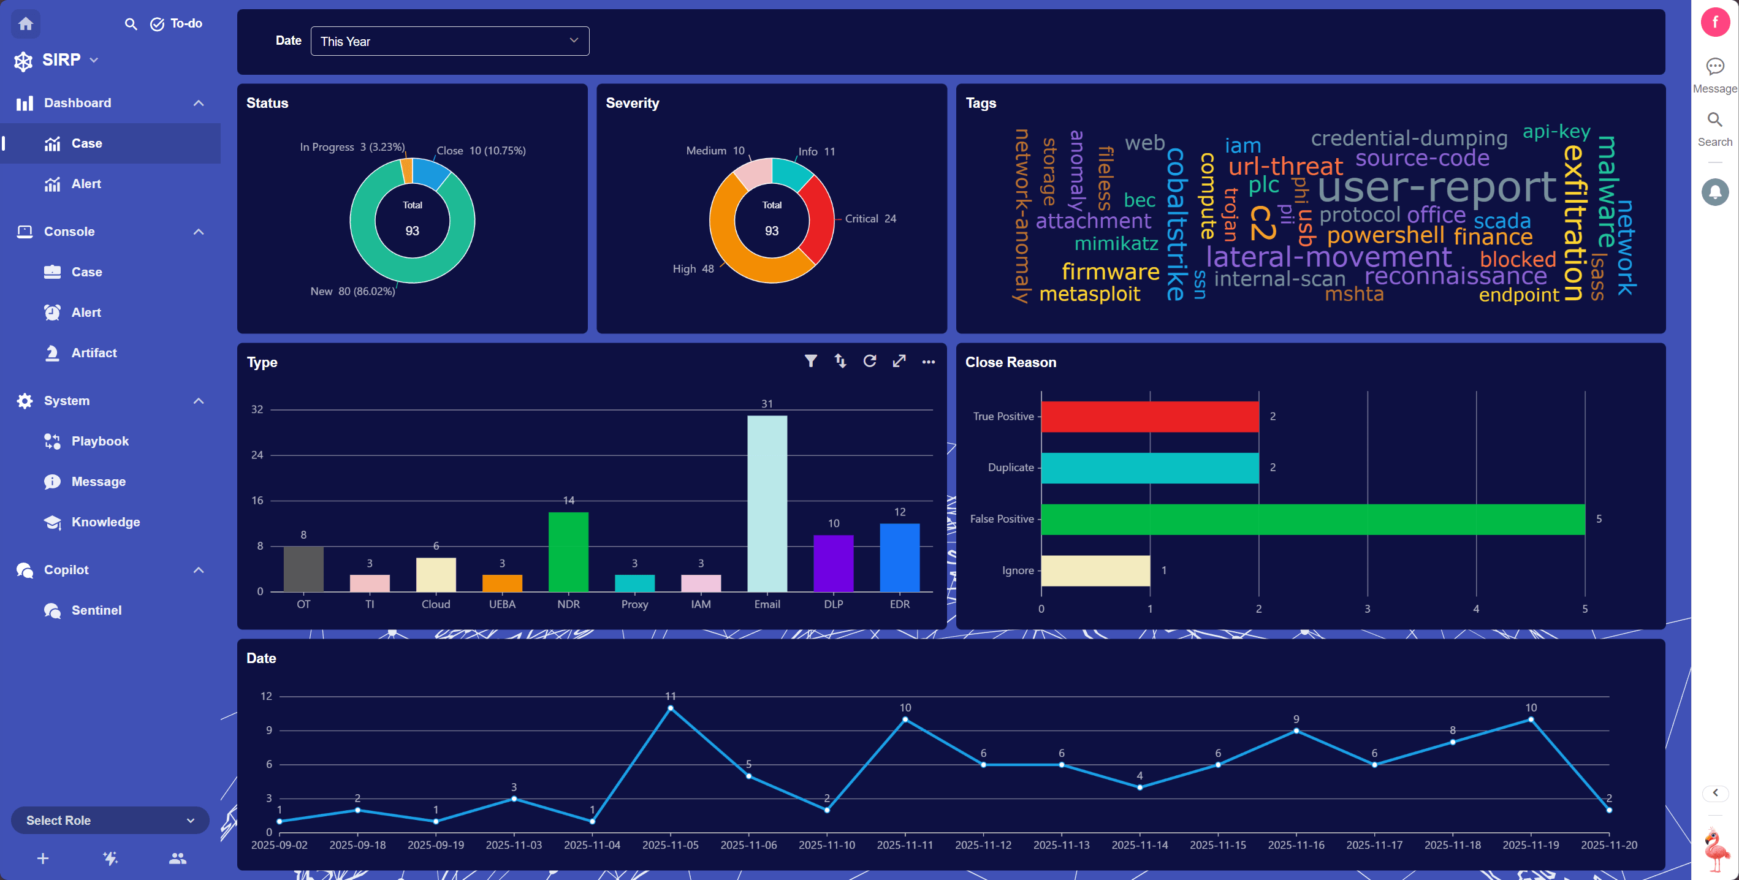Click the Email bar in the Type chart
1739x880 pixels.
767,504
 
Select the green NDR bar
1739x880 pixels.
568,552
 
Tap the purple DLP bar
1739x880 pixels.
833,564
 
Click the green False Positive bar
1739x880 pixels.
1313,519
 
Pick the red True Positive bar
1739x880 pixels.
1150,416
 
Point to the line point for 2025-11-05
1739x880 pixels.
671,708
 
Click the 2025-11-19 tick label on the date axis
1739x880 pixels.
1531,845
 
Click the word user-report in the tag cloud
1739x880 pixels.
1437,186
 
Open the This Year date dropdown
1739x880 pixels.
449,41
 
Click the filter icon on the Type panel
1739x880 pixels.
811,361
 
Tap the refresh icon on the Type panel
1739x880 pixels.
869,361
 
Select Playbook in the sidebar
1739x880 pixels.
100,441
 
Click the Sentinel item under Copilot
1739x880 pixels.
96,610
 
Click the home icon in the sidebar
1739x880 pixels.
26,24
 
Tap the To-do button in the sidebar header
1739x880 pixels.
176,24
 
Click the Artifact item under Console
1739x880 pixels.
94,353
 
